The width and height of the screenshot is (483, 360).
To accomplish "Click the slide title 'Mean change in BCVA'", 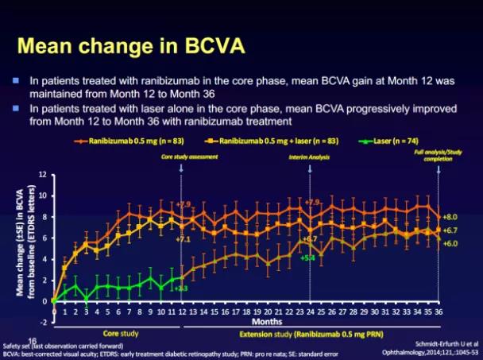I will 130,46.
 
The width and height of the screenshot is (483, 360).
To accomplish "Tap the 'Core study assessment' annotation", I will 189,157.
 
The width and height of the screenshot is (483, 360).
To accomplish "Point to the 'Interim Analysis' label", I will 308,157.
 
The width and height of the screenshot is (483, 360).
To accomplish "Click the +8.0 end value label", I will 450,216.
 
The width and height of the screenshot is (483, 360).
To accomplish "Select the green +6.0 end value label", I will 450,242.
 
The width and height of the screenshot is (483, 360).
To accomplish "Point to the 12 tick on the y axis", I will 44,173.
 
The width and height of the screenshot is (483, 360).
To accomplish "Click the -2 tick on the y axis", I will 44,323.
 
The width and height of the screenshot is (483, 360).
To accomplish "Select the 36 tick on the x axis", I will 438,312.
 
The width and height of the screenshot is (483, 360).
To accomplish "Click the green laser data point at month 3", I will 87,300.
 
